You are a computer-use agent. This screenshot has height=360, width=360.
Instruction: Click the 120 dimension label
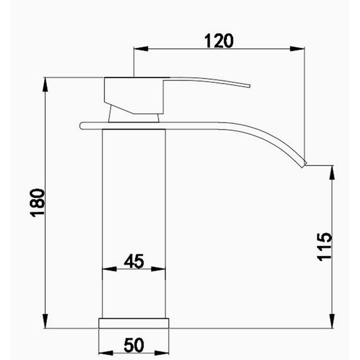218,41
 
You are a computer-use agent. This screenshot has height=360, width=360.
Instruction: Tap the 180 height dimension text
37,203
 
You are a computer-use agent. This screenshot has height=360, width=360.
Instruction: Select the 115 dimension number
325,247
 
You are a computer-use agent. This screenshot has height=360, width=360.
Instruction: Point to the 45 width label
134,261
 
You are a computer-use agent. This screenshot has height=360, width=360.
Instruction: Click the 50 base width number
134,345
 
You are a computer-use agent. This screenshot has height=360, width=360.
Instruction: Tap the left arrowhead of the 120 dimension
141,49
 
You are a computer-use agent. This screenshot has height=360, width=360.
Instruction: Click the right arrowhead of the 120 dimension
298,49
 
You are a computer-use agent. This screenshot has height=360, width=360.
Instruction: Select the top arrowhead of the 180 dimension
46,85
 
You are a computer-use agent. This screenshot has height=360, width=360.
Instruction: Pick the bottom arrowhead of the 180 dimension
46,321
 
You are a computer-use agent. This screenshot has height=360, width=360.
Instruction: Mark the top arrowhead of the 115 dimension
332,173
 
